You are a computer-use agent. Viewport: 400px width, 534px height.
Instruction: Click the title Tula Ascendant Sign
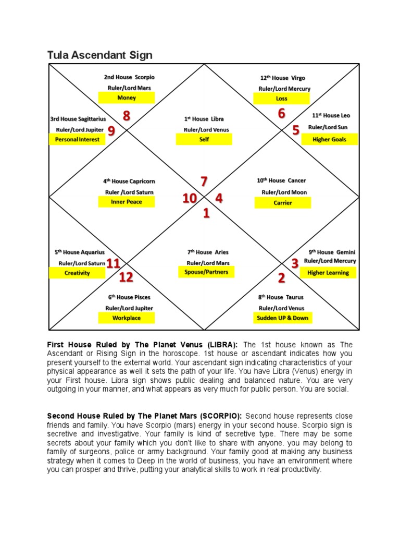pos(99,55)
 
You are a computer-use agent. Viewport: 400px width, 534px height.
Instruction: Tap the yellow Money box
pos(127,98)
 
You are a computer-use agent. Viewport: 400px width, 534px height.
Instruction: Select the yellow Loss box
pos(281,98)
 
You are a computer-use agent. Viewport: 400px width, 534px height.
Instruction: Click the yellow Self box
pos(204,140)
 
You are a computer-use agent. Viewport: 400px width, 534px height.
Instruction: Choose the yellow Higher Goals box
pos(329,139)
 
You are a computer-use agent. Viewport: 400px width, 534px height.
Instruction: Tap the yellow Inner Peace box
pos(127,202)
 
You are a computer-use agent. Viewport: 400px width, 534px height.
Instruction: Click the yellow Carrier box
pos(283,203)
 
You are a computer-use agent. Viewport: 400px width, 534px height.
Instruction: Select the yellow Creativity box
pos(77,273)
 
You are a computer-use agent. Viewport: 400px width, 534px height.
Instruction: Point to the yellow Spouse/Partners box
pos(206,272)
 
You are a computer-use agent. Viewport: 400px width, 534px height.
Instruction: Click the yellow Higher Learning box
pos(328,273)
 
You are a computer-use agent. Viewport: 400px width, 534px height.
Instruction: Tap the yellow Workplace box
pos(127,318)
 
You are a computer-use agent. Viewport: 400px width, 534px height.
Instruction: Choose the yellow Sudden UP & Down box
pos(282,318)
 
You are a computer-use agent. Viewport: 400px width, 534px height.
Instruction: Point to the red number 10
pos(189,199)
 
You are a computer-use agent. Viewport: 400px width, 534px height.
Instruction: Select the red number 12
pos(126,277)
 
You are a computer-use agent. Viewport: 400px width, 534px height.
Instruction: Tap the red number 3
pos(295,263)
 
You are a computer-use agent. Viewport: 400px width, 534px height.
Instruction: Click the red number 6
pos(281,114)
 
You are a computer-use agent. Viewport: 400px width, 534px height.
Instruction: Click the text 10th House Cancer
pos(281,180)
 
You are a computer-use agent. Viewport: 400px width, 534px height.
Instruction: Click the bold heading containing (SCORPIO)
pos(144,416)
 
